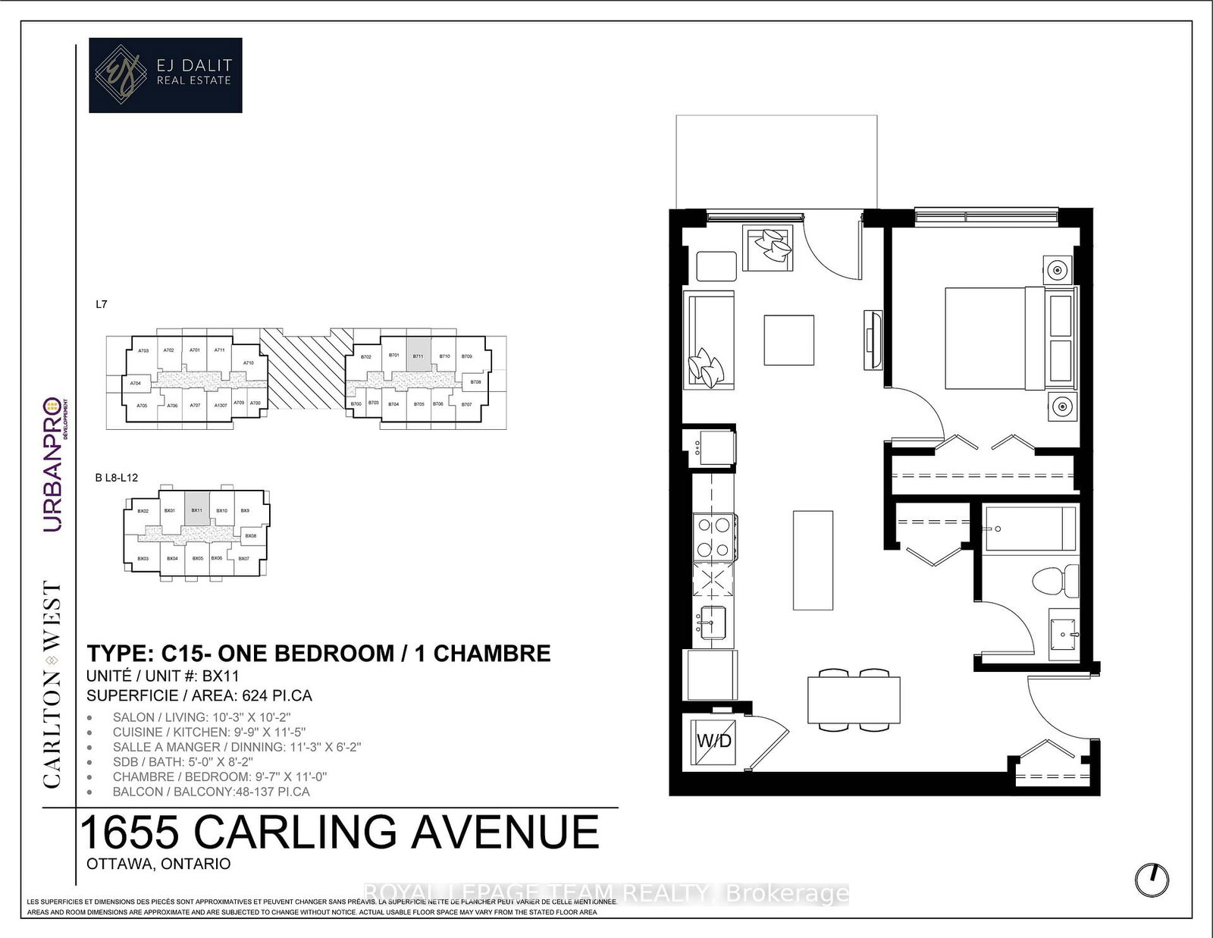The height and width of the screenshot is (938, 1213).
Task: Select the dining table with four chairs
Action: [854, 700]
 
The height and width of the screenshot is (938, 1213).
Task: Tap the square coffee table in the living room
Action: [789, 340]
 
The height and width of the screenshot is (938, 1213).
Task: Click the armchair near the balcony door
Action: [768, 248]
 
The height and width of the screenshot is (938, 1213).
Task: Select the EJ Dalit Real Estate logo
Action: [165, 75]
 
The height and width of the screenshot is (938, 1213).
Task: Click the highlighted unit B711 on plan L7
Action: [418, 355]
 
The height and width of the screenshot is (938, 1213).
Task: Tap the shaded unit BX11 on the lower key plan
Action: [196, 511]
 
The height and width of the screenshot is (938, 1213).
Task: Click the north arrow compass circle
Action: [1152, 879]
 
